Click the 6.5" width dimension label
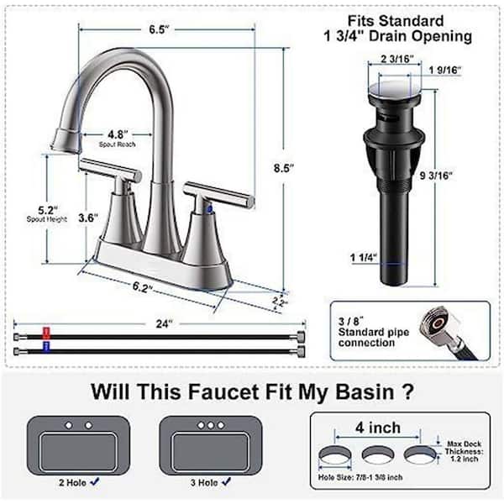pos(159,29)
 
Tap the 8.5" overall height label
pos(284,168)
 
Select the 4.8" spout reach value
pos(118,134)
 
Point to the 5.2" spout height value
pos(48,210)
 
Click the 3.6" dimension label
pos(88,218)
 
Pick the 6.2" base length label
pos(142,286)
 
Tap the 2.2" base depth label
pos(280,302)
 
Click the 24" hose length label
pos(165,323)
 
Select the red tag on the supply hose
pos(46,333)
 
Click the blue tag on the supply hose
pos(46,348)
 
